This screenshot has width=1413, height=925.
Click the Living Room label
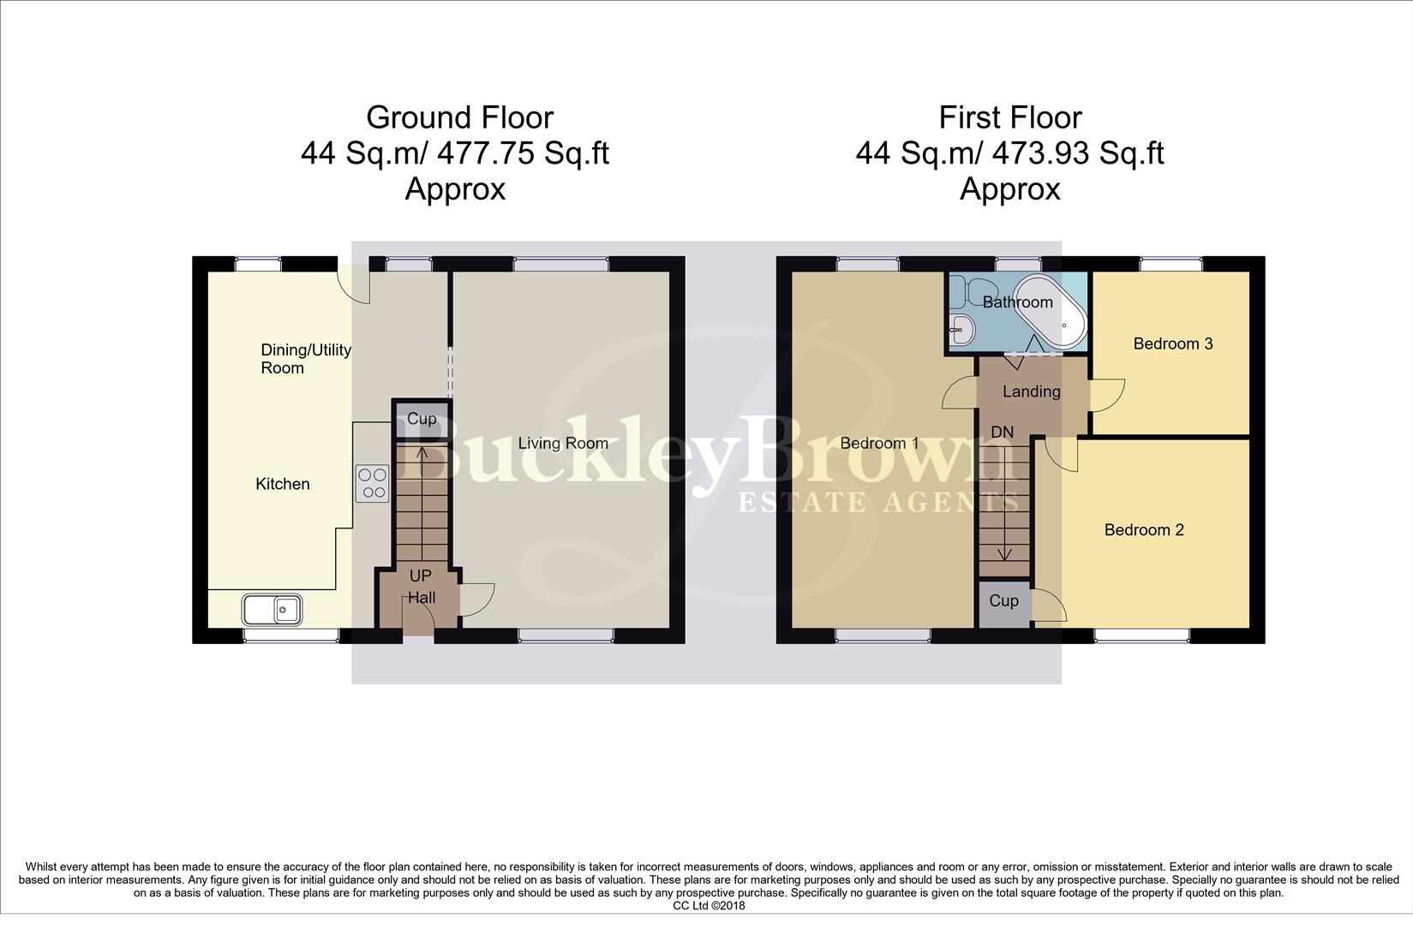(x=563, y=443)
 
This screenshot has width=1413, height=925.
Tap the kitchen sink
(x=271, y=610)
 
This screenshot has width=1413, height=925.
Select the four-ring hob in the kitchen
(x=372, y=483)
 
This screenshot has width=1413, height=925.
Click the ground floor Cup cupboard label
(x=421, y=419)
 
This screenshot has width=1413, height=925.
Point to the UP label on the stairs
(x=420, y=576)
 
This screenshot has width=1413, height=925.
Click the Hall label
(x=421, y=598)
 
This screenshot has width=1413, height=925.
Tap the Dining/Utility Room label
(x=305, y=359)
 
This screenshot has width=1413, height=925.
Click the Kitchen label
(x=283, y=484)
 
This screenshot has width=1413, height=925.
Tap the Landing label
(x=1031, y=391)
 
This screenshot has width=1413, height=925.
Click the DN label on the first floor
(x=1002, y=433)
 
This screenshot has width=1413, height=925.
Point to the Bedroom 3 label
(x=1172, y=343)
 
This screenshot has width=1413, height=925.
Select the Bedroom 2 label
(x=1143, y=530)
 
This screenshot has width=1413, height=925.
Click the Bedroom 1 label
(x=879, y=443)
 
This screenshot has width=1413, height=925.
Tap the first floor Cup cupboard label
(x=1003, y=600)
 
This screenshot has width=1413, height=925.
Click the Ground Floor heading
(x=459, y=117)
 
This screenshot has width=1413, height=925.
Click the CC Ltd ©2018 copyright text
(x=709, y=905)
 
